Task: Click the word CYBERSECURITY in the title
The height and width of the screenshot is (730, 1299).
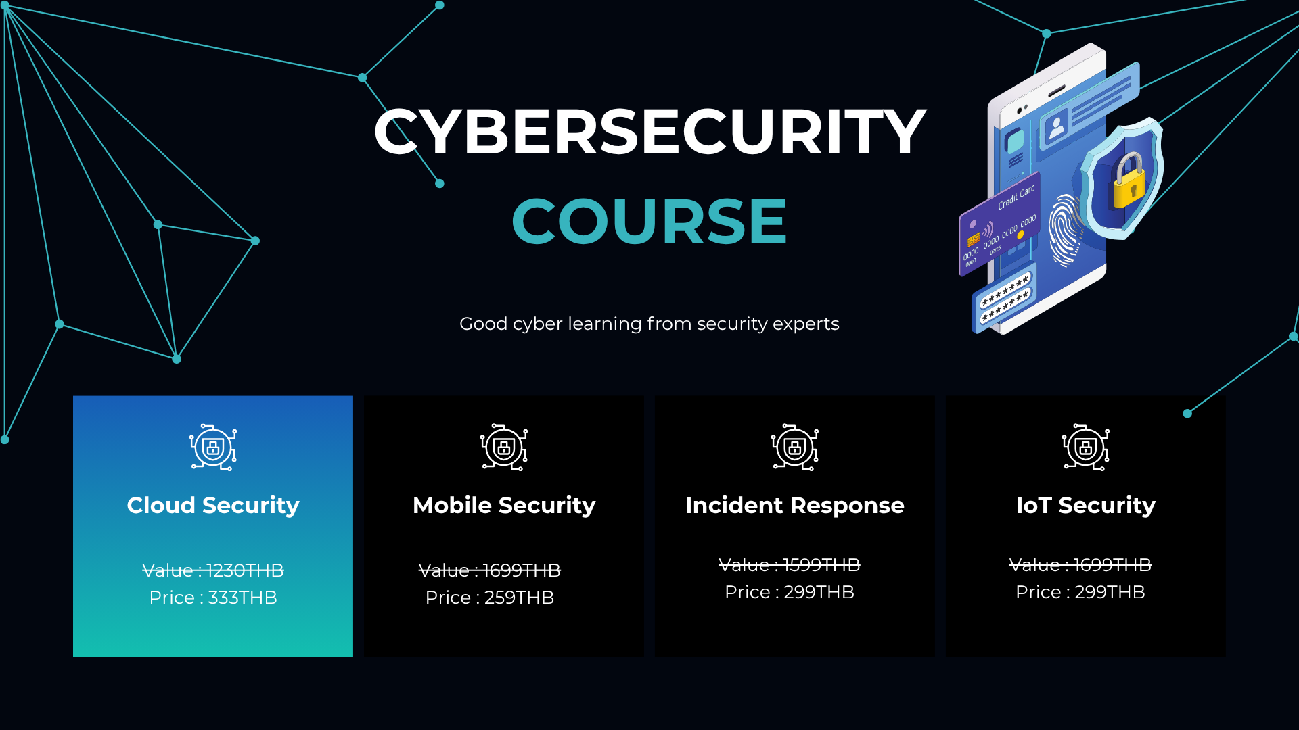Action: click(x=649, y=132)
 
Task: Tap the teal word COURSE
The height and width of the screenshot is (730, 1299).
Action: click(x=649, y=221)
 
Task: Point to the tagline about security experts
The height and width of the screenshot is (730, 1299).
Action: click(x=649, y=324)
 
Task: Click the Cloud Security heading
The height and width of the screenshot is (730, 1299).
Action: click(x=213, y=506)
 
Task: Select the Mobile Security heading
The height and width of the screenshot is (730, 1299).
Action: click(x=504, y=506)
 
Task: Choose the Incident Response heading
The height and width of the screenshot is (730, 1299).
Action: click(x=795, y=506)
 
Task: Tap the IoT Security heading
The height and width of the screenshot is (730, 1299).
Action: click(x=1086, y=506)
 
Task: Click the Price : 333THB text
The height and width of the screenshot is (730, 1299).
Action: click(x=213, y=598)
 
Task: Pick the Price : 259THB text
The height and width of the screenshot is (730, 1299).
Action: click(x=490, y=598)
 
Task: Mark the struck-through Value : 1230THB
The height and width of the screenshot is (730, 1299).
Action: click(x=213, y=570)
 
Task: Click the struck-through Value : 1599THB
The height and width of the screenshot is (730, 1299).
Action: click(x=790, y=565)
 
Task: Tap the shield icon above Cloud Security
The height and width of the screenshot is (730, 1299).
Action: click(x=213, y=447)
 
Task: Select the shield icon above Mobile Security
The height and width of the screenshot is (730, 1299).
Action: click(x=504, y=447)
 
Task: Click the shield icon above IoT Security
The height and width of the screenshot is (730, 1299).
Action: click(x=1086, y=447)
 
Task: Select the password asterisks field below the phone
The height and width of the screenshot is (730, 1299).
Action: click(x=1005, y=298)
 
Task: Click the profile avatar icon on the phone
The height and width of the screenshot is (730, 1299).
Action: click(x=1056, y=126)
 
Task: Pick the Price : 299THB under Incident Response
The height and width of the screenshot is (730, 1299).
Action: click(x=790, y=592)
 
